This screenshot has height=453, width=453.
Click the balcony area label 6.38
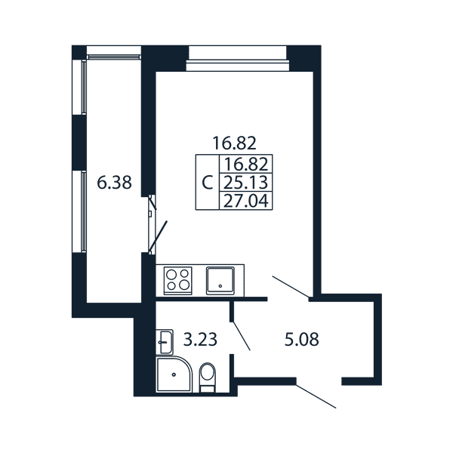pyautogui.click(x=115, y=183)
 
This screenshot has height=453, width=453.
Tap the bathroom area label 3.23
pyautogui.click(x=200, y=339)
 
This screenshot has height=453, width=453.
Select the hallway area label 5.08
pyautogui.click(x=301, y=339)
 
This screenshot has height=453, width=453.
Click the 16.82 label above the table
pyautogui.click(x=234, y=143)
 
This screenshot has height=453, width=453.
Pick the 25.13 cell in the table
pyautogui.click(x=246, y=182)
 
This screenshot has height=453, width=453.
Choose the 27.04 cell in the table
pyautogui.click(x=246, y=201)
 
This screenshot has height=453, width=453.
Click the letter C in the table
pyautogui.click(x=208, y=182)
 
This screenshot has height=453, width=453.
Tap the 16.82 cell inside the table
pyautogui.click(x=246, y=165)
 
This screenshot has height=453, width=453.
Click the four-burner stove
pyautogui.click(x=178, y=281)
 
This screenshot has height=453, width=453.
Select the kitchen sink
pyautogui.click(x=220, y=281)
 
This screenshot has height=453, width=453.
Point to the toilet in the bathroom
pyautogui.click(x=208, y=377)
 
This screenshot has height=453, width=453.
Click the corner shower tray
pyautogui.click(x=174, y=374)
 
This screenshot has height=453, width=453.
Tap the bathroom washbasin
pyautogui.click(x=165, y=342)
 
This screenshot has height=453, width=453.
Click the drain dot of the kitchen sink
pyautogui.click(x=220, y=286)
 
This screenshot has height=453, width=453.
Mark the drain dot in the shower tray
pyautogui.click(x=174, y=374)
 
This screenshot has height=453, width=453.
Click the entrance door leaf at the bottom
pyautogui.click(x=316, y=396)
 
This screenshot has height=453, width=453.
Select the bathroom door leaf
pyautogui.click(x=242, y=336)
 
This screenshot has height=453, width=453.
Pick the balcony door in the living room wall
pyautogui.click(x=153, y=224)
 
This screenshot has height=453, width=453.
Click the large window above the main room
pyautogui.click(x=238, y=58)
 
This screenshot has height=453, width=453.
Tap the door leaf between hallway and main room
pyautogui.click(x=291, y=287)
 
